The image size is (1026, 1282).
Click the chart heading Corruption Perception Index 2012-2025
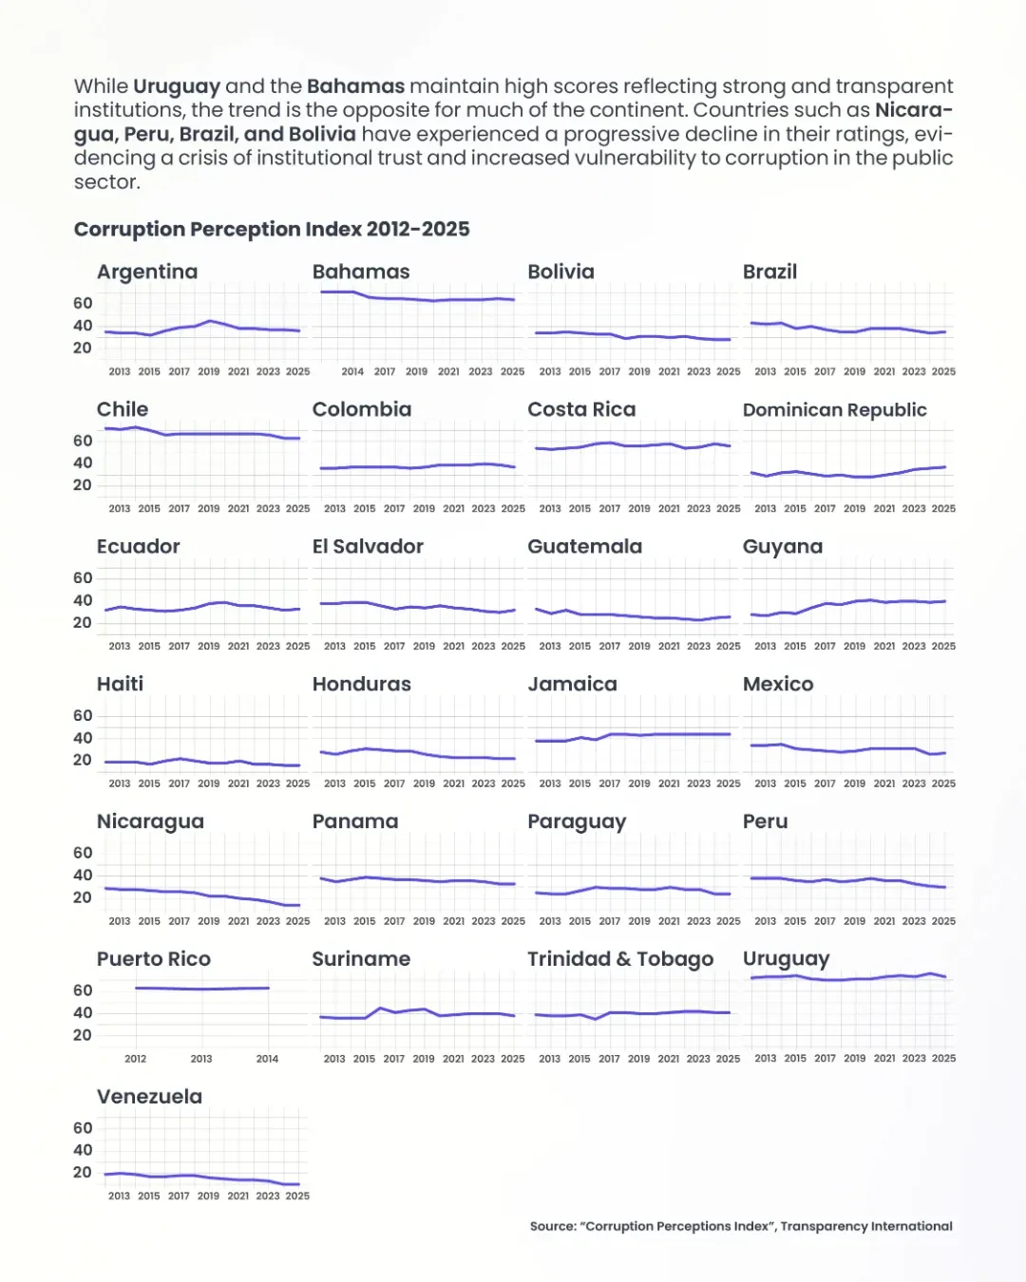[272, 229]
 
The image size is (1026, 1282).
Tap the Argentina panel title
[147, 272]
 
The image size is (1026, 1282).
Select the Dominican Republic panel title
[834, 409]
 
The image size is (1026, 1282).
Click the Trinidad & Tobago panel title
[619, 959]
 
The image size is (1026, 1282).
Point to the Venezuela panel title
[149, 1097]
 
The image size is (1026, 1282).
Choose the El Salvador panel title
[368, 546]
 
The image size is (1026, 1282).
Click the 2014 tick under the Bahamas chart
[352, 371]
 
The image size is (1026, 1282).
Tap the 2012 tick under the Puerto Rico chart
[136, 1059]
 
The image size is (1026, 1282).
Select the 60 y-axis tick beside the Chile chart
[83, 441]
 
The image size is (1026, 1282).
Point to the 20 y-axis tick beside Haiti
[83, 760]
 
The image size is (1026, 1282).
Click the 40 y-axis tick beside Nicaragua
[83, 875]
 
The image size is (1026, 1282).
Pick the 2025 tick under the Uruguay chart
[943, 1058]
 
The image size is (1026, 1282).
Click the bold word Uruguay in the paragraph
[177, 86]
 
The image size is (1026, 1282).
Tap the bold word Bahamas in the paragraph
[355, 86]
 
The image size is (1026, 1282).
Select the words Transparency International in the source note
[866, 1226]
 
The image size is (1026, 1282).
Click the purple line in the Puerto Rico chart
[201, 989]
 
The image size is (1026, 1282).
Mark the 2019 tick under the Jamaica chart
[639, 783]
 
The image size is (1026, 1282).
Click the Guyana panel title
[783, 547]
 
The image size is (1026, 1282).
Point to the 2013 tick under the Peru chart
[765, 921]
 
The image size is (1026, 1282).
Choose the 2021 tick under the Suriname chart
[453, 1058]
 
